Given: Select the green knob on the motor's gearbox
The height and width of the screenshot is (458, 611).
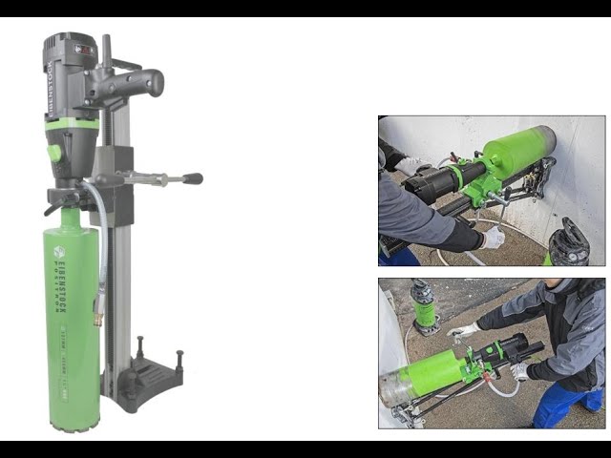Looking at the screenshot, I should pyautogui.click(x=55, y=152).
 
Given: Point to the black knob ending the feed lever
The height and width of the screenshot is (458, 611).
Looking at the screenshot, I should pyautogui.click(x=194, y=178).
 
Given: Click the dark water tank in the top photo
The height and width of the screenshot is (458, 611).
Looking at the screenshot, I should pyautogui.click(x=571, y=244).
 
